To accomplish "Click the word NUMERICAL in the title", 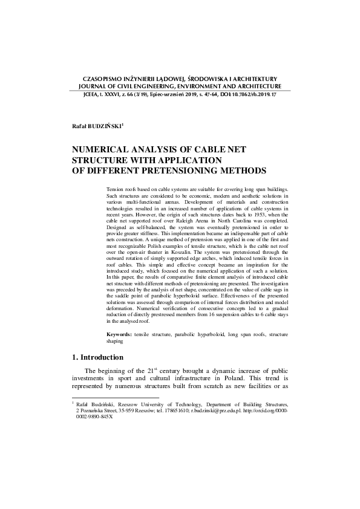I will (103, 149).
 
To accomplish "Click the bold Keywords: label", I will (119, 334).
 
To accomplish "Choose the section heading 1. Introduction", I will (97, 357).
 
